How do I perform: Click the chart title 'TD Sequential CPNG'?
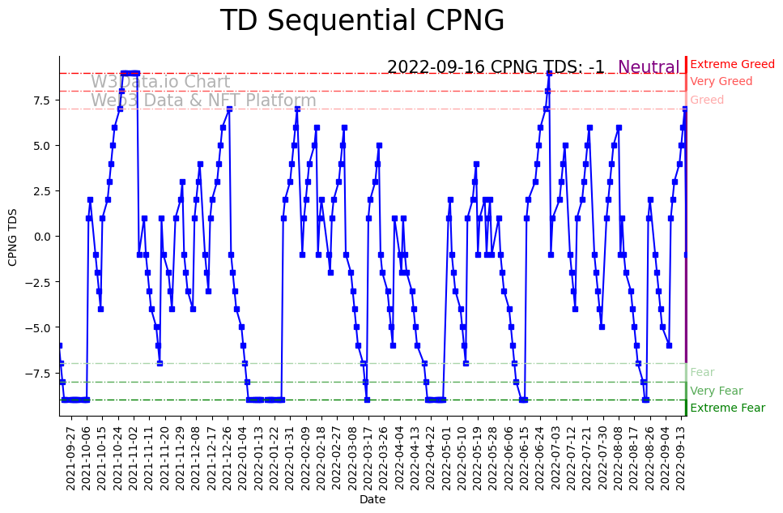[x=362, y=21]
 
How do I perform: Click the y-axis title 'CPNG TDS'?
[x=13, y=236]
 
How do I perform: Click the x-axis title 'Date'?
[x=372, y=499]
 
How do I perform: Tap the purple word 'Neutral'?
[x=649, y=67]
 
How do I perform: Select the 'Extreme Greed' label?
[x=732, y=64]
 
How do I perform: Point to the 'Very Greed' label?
[x=721, y=81]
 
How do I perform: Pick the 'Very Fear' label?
[x=716, y=391]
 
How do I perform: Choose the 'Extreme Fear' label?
[x=727, y=408]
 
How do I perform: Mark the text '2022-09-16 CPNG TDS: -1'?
[x=496, y=67]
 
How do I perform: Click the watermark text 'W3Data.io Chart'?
[x=160, y=82]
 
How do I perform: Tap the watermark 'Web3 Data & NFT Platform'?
[x=203, y=100]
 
